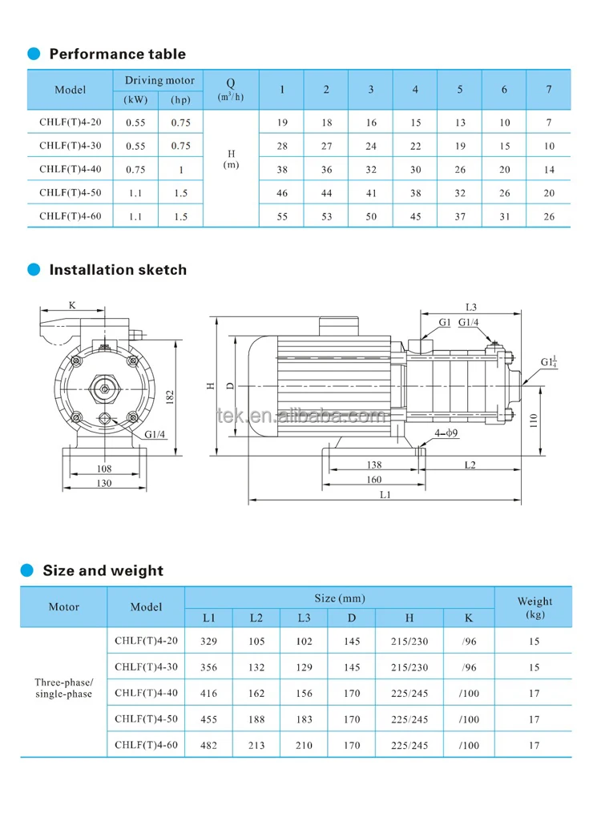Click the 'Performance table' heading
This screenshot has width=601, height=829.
point(117,54)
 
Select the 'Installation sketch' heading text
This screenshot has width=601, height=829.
point(118,270)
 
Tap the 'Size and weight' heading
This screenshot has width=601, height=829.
point(103,570)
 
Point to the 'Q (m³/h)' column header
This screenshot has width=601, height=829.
point(231,89)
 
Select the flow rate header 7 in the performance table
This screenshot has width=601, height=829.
point(548,89)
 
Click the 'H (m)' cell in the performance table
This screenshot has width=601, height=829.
point(231,158)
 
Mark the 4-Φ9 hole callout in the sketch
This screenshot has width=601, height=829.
point(446,433)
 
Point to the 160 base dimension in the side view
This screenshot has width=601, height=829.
point(373,481)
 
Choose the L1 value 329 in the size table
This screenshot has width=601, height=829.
point(208,642)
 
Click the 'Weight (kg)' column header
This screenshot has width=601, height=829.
point(534,607)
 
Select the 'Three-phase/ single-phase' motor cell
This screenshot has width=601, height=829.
point(64,688)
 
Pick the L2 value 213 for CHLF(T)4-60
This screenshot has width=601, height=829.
point(256,745)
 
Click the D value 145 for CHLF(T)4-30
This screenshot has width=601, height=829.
point(352,667)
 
